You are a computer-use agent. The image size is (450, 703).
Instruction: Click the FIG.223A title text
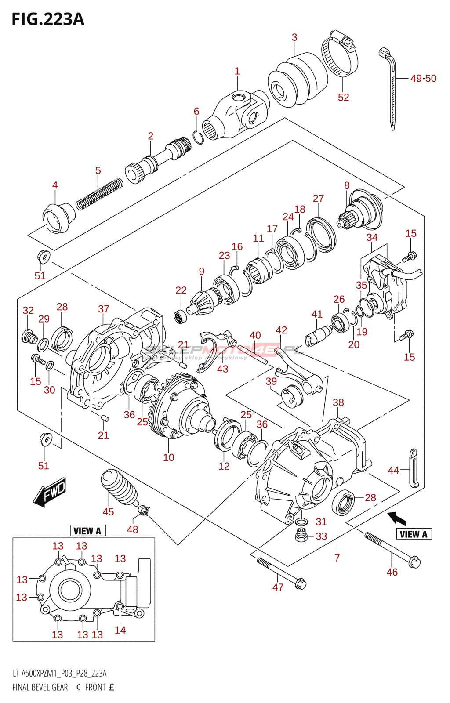coord(48,19)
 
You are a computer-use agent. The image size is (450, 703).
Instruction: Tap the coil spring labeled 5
coord(99,194)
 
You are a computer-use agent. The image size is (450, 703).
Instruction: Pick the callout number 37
coord(104,309)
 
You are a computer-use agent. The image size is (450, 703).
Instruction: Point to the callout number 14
coord(120,630)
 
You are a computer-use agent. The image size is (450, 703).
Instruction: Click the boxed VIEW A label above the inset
coord(87,531)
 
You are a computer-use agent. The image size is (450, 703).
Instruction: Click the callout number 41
coord(317,314)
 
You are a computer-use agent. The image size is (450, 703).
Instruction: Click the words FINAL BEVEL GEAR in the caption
coord(40,687)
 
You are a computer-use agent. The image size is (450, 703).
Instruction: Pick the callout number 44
coord(393,470)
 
